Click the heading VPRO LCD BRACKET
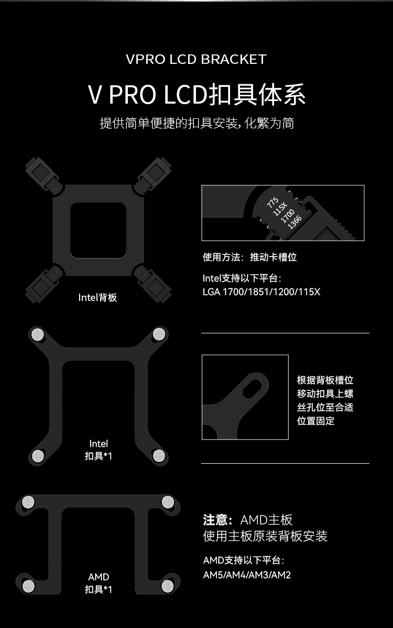pos(196,59)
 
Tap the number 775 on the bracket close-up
pos(272,203)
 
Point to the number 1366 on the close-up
pos(294,222)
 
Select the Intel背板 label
pos(97,297)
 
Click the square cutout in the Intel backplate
pos(99,230)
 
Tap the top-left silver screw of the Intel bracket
pos(38,334)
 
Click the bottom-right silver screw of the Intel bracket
pos(159,456)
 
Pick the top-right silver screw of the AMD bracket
pos(168,501)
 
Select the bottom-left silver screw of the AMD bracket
pos(28,586)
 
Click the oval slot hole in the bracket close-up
pos(253,386)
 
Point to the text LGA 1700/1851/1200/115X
pos(261,292)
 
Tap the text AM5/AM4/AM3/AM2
pos(247,575)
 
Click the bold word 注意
pos(215,520)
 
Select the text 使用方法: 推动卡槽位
pos(249,257)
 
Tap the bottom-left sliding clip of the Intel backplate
pos(43,284)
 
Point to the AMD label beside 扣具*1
pos(99,577)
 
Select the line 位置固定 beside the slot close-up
pos(316,421)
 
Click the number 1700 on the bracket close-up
pos(287,216)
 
